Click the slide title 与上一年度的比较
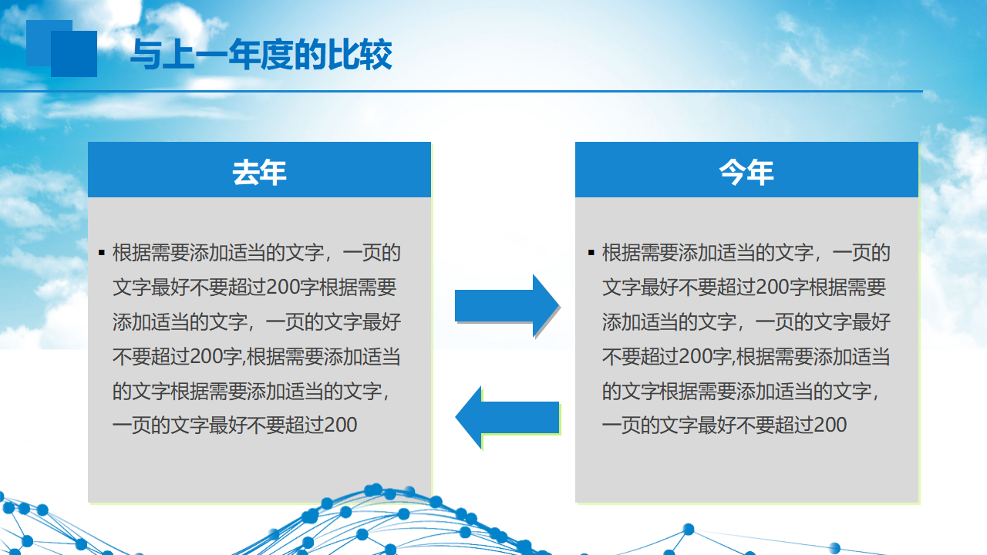(261, 55)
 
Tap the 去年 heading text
(260, 172)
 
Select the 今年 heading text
(746, 172)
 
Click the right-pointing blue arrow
(507, 306)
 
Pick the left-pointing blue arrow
(507, 417)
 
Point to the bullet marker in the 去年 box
(102, 253)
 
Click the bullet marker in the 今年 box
(591, 253)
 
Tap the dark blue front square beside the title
(74, 54)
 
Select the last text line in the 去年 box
(235, 425)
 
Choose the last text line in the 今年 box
(724, 425)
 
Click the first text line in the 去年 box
(257, 253)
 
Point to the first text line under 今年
(746, 253)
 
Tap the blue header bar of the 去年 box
(260, 170)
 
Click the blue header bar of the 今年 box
(747, 170)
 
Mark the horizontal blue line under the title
(461, 91)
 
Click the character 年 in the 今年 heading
(760, 172)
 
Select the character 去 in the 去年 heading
(246, 172)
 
